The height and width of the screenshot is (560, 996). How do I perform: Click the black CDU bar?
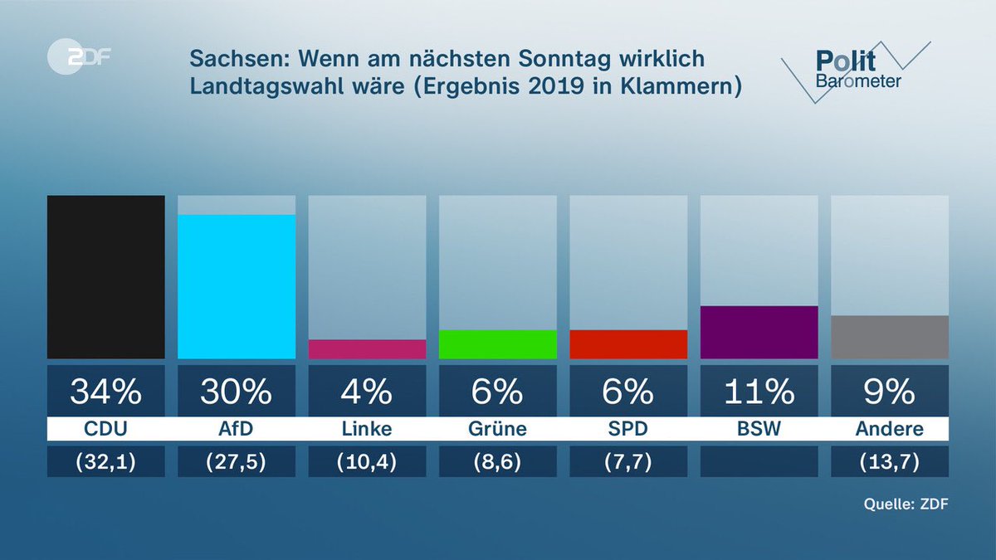tap(105, 277)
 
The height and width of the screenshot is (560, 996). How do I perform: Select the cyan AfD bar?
tap(237, 286)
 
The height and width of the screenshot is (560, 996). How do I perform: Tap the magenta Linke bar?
tap(367, 348)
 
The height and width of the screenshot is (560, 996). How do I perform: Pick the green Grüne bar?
tap(497, 344)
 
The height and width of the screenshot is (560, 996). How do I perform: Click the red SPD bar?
tap(628, 344)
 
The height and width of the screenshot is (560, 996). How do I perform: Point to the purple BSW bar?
tap(759, 332)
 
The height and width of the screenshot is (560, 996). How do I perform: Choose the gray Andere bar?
tap(889, 337)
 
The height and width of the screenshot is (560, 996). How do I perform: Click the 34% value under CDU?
tap(105, 391)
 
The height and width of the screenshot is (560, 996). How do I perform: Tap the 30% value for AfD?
tap(237, 391)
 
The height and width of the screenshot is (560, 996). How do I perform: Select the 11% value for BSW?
tap(759, 391)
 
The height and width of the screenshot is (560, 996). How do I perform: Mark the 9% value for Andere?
tap(889, 391)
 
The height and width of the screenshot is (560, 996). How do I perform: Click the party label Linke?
tap(367, 430)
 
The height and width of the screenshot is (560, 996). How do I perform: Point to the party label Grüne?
tap(497, 430)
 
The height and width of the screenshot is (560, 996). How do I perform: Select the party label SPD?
tap(628, 430)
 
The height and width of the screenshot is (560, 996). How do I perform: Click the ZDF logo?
tap(80, 58)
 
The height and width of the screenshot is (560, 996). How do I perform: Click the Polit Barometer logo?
tap(855, 71)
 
